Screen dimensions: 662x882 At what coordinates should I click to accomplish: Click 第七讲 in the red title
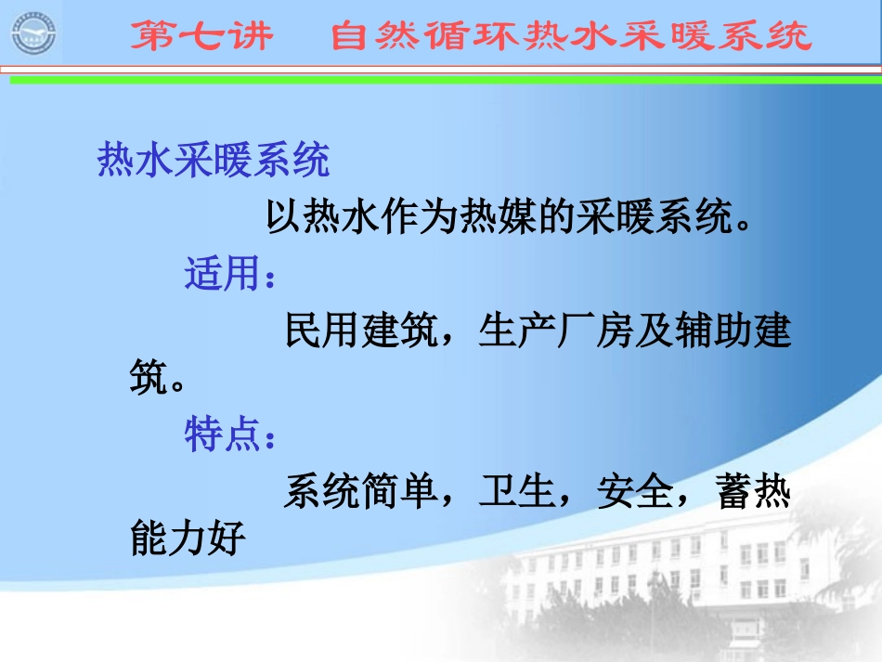click(201, 36)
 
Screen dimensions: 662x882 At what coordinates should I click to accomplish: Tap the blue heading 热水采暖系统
click(214, 162)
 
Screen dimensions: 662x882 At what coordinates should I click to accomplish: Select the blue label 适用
click(221, 276)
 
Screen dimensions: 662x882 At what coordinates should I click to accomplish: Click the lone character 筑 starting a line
click(147, 379)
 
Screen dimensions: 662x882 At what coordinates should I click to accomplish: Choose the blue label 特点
click(221, 435)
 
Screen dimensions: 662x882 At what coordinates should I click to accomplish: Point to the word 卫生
click(515, 492)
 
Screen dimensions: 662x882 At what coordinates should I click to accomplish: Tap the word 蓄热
click(753, 492)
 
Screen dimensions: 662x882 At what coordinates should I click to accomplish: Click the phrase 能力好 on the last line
click(188, 539)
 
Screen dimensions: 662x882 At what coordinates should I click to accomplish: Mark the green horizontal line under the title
click(446, 81)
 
